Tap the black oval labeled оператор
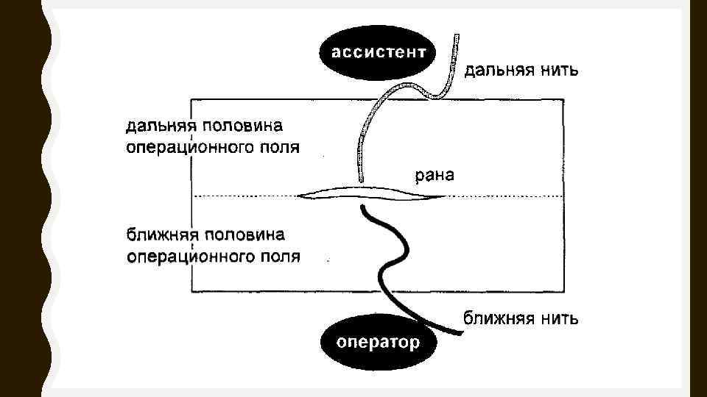click(378, 342)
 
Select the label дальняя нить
click(521, 71)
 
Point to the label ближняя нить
click(521, 318)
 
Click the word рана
click(435, 175)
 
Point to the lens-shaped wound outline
click(372, 194)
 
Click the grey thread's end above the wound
click(361, 179)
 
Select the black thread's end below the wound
click(363, 208)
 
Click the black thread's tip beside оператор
click(460, 333)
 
